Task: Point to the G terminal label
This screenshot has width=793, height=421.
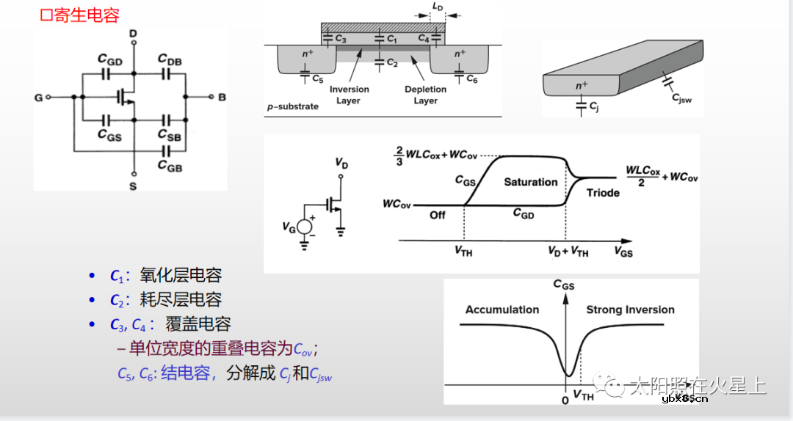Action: click(38, 98)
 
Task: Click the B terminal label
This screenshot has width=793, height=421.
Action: click(222, 98)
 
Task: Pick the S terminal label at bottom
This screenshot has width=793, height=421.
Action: click(133, 186)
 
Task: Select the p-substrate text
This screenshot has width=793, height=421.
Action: click(293, 106)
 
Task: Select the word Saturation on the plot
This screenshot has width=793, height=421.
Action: click(530, 182)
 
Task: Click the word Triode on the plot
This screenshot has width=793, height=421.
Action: click(603, 193)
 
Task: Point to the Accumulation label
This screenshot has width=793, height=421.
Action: click(501, 310)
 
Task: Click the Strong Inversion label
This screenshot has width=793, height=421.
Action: click(630, 310)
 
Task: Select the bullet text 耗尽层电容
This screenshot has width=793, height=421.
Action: click(181, 300)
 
